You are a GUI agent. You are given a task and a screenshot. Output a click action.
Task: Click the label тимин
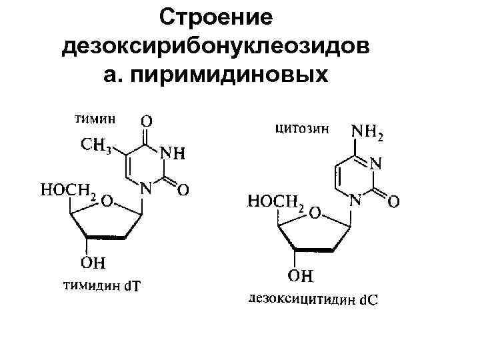(94, 119)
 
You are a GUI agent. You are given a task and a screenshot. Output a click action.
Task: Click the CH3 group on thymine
(96, 145)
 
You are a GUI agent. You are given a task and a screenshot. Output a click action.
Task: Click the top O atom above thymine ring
(146, 121)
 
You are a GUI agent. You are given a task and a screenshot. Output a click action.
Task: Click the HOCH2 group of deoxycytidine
(276, 201)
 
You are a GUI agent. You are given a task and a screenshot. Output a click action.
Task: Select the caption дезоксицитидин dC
(311, 299)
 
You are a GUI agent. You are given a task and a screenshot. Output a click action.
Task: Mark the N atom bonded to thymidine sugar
(145, 189)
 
